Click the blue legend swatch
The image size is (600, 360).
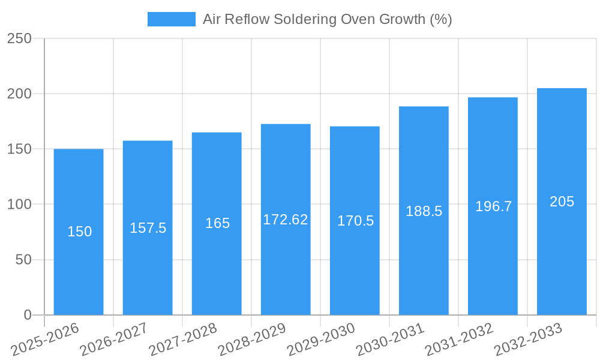171,19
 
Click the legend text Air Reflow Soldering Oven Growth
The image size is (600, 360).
327,19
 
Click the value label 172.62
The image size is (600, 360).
286,220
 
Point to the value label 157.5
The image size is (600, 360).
148,228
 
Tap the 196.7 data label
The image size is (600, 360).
493,206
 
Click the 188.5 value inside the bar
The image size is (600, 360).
424,211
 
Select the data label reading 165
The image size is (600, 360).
217,223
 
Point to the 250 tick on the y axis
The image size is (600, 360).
19,38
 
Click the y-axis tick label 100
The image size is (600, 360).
19,205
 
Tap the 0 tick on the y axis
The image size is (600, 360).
27,315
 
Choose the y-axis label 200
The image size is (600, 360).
19,94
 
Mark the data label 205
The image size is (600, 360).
562,202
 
